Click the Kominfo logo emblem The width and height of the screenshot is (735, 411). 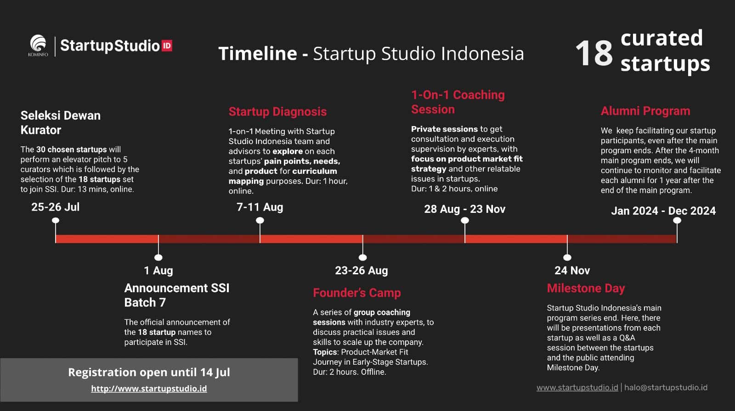click(38, 43)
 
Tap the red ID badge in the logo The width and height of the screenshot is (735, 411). click(167, 45)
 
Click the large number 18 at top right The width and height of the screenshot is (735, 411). click(594, 53)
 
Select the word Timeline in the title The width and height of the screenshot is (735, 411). click(258, 53)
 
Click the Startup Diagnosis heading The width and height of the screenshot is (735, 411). click(277, 112)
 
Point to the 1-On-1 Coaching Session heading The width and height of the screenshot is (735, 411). click(458, 102)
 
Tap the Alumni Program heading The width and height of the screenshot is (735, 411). click(645, 111)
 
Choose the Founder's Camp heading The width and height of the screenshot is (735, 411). click(356, 293)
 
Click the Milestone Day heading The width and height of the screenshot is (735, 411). click(586, 289)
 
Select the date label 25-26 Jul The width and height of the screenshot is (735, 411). click(56, 207)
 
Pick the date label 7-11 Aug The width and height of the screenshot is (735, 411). click(260, 207)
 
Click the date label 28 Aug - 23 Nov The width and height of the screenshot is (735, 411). click(464, 209)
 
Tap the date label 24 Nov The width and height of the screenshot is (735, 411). click(572, 270)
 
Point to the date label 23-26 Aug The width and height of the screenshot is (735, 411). click(361, 270)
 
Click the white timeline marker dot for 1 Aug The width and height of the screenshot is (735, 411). click(158, 257)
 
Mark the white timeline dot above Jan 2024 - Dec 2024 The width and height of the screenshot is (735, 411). click(677, 221)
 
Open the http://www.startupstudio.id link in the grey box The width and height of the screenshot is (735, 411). click(149, 389)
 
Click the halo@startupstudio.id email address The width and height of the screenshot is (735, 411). click(666, 388)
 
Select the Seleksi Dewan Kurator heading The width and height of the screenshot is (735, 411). click(60, 122)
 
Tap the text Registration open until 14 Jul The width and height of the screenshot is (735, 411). click(149, 372)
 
